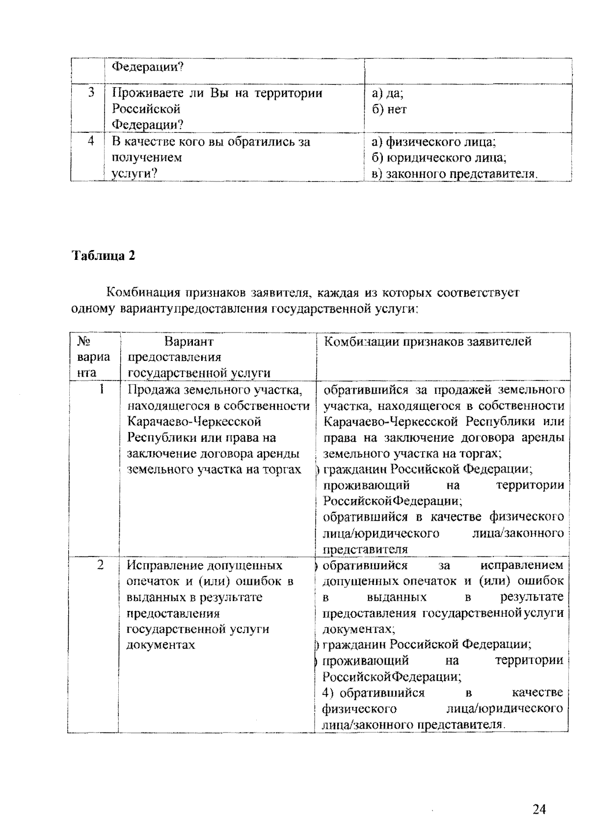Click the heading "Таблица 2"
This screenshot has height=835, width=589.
click(104, 255)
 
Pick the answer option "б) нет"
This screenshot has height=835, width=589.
click(389, 109)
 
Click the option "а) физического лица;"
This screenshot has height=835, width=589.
click(434, 142)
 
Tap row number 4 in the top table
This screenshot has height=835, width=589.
click(91, 141)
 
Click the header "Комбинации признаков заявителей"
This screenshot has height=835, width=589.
click(428, 341)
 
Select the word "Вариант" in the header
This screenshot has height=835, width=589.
click(189, 341)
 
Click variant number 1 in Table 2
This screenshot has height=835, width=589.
click(102, 389)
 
